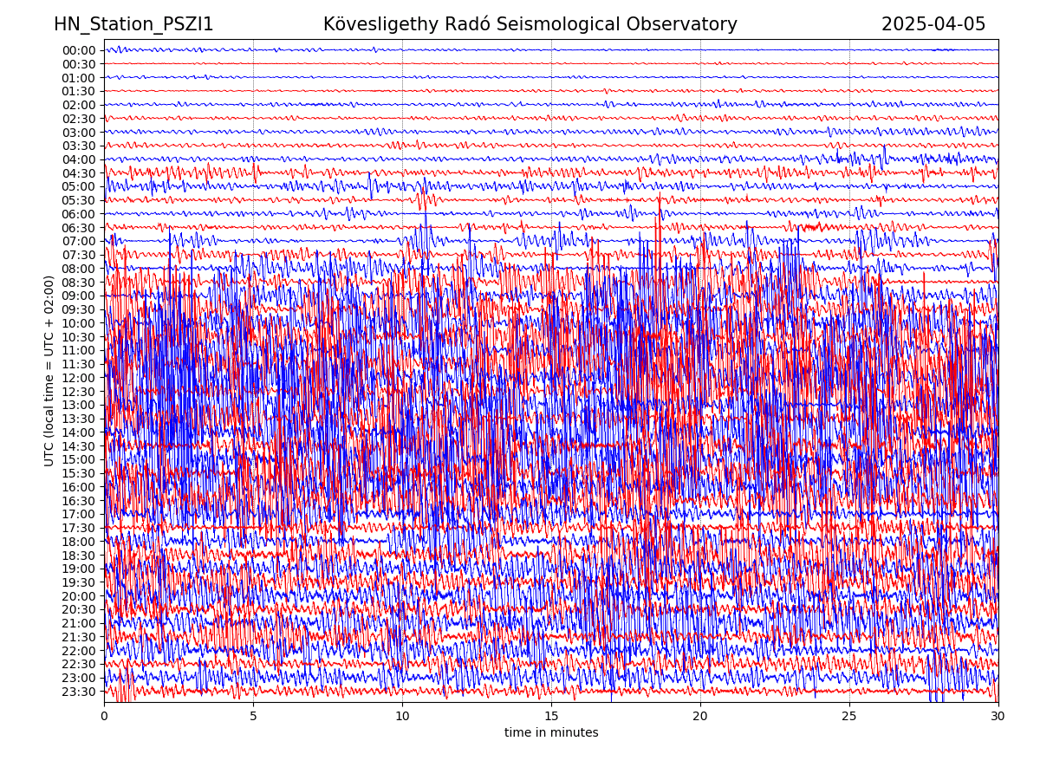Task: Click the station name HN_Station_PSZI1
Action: click(x=133, y=25)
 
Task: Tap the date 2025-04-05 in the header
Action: click(x=933, y=25)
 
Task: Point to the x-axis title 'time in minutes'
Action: click(x=551, y=733)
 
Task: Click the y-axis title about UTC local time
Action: click(x=49, y=371)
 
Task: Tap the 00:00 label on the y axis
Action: click(x=79, y=50)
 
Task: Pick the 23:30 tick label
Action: click(x=79, y=692)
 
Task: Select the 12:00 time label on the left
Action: click(x=79, y=378)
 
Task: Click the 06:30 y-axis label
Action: click(x=79, y=228)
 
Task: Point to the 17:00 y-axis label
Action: click(x=79, y=514)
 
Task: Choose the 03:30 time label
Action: click(x=79, y=146)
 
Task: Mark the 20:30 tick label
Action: click(x=79, y=609)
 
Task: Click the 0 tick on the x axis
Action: click(x=104, y=717)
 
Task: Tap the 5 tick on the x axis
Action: click(x=253, y=717)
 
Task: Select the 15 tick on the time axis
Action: click(x=551, y=717)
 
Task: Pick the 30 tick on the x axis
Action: click(x=998, y=717)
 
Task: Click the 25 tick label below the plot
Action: click(x=849, y=717)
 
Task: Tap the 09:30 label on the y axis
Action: click(x=79, y=309)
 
